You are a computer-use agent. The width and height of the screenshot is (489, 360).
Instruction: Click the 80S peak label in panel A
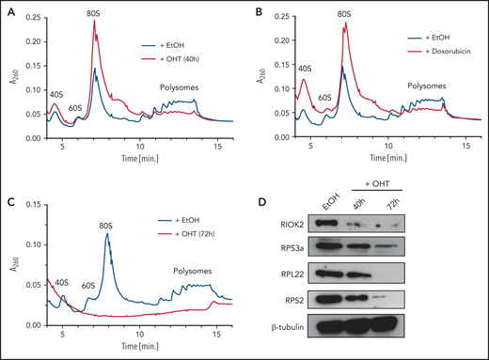tap(95, 14)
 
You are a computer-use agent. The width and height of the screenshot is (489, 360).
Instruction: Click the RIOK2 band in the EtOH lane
tap(328, 225)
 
